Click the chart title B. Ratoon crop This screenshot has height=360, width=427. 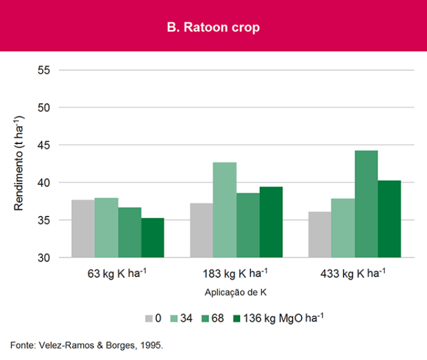(x=213, y=28)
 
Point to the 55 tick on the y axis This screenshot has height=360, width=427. (x=50, y=70)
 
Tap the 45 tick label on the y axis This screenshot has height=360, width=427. (x=50, y=145)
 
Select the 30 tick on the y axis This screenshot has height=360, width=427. (x=50, y=258)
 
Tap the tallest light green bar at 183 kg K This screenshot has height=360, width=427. (x=224, y=210)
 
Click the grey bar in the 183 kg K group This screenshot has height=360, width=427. (x=201, y=230)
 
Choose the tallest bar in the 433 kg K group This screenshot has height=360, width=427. (x=366, y=204)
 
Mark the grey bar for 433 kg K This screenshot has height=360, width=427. (x=319, y=235)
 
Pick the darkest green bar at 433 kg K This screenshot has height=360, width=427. (x=389, y=219)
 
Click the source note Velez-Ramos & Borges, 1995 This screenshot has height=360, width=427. (x=87, y=346)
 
